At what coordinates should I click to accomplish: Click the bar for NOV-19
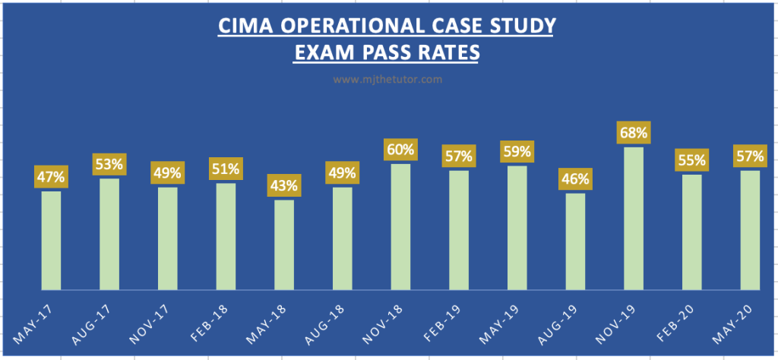pos(634,219)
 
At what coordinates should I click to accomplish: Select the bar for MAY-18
pos(284,245)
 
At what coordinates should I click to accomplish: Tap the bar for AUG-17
pos(109,234)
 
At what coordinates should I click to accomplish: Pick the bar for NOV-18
pos(400,226)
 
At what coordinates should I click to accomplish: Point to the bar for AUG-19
pos(575,242)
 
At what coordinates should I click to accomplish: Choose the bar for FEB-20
pos(691,232)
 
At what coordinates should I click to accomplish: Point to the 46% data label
pos(575,180)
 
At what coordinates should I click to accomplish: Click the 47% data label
pos(51,178)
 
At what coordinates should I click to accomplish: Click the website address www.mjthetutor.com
pos(388,77)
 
